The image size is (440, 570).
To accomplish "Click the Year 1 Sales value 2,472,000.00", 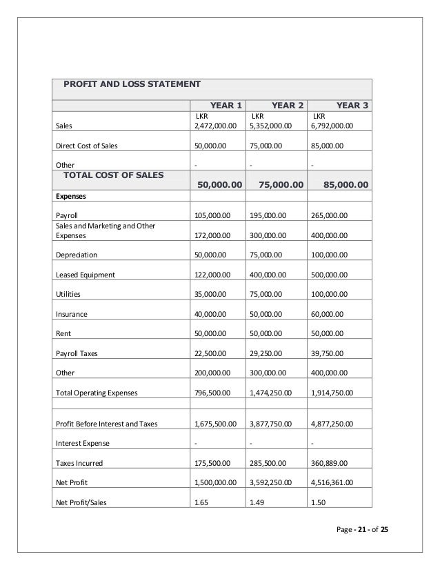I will click(216, 126).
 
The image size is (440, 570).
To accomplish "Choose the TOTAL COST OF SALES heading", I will click(114, 175).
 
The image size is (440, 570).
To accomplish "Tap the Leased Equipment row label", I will click(86, 275).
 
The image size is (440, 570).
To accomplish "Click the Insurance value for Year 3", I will click(328, 314).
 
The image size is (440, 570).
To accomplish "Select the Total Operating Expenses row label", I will click(97, 393).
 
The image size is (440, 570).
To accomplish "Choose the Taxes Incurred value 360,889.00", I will click(330, 462).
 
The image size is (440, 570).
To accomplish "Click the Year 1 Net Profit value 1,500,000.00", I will click(216, 482).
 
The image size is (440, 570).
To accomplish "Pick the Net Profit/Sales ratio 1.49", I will click(257, 502).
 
